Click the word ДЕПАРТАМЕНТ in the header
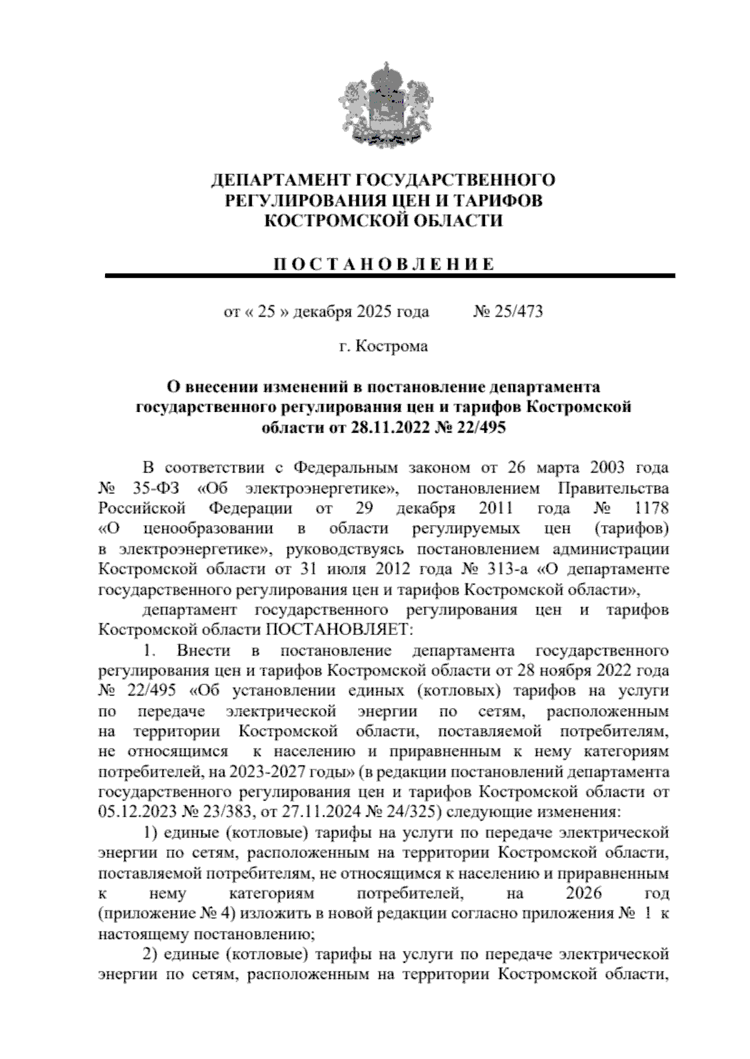[x=279, y=181]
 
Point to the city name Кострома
[x=392, y=346]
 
